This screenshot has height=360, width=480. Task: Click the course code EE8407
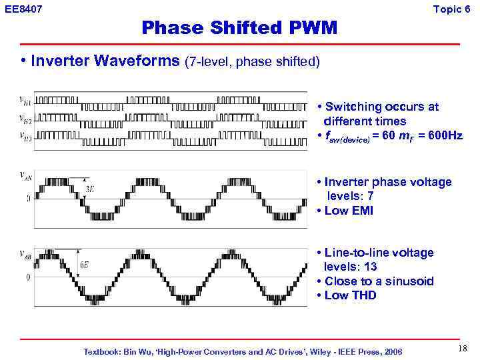(x=23, y=9)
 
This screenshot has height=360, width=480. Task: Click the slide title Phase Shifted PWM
(x=239, y=28)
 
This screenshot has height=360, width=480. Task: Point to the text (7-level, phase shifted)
(x=253, y=62)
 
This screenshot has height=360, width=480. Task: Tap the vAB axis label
(x=25, y=253)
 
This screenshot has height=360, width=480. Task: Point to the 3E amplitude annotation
(x=90, y=189)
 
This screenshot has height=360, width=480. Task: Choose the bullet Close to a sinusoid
(x=378, y=281)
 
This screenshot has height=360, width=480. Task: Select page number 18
(x=463, y=349)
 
